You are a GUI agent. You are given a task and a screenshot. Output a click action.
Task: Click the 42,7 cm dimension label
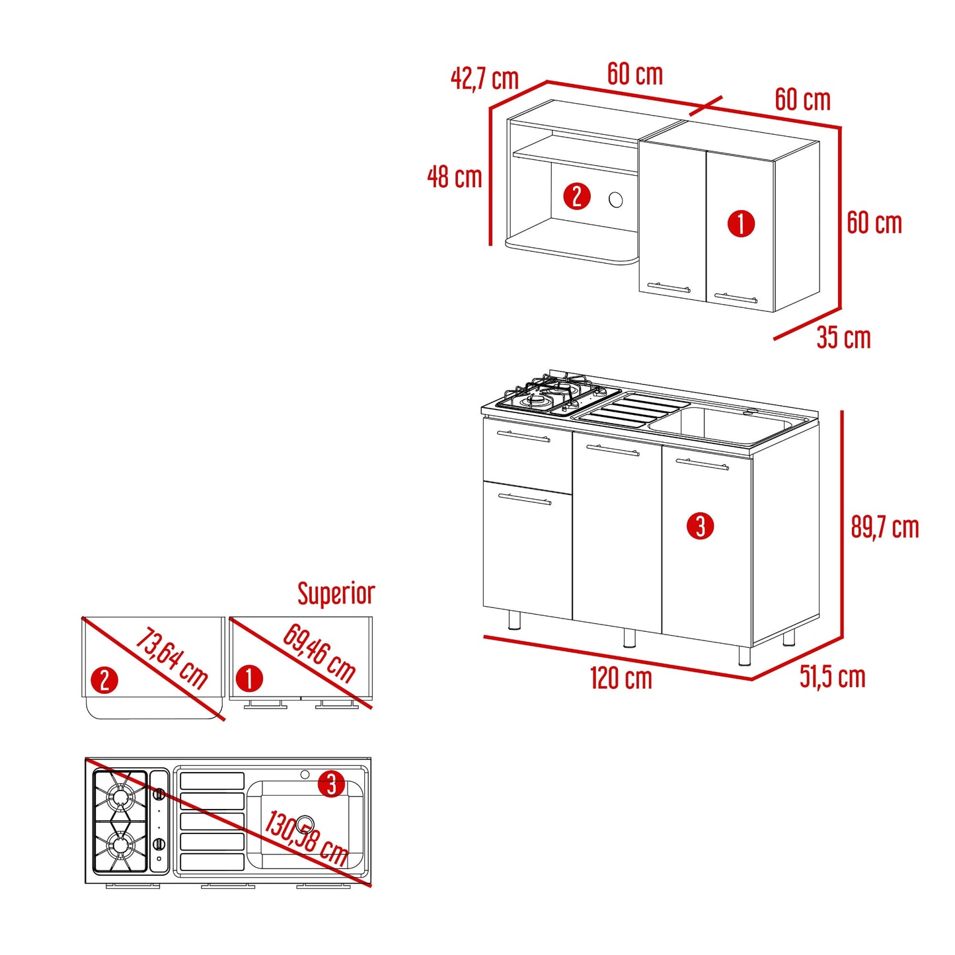[x=484, y=79]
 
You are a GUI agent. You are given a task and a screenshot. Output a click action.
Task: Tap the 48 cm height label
[x=455, y=177]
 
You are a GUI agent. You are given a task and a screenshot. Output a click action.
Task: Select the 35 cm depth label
[x=843, y=338]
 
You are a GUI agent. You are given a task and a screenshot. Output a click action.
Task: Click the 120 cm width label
[x=621, y=679]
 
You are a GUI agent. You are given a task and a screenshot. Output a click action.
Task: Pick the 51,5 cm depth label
[x=833, y=677]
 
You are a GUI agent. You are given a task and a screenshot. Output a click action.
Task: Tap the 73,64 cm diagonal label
[x=171, y=658]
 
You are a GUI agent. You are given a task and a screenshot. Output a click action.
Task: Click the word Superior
[x=336, y=593]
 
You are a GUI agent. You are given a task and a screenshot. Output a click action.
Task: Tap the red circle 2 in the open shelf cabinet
[x=576, y=196]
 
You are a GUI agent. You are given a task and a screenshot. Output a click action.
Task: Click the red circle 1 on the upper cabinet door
[x=740, y=223]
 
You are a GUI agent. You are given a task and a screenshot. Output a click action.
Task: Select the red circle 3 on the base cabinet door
[x=700, y=526]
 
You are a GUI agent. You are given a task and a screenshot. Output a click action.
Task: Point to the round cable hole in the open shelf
[x=615, y=200]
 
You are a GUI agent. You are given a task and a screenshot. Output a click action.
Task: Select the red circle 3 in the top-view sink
[x=331, y=784]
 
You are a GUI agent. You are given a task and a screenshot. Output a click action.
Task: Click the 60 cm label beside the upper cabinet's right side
[x=874, y=223]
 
